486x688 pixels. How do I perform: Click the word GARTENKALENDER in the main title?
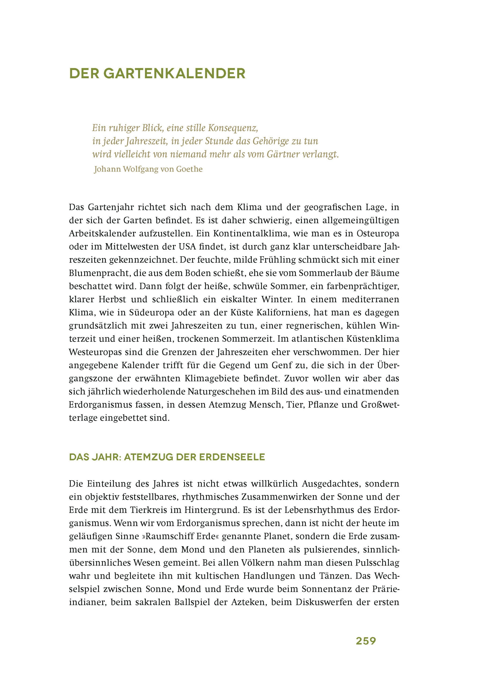tap(174, 74)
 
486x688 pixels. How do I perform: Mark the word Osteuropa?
tap(378, 234)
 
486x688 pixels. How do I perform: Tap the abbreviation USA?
tap(187, 247)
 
